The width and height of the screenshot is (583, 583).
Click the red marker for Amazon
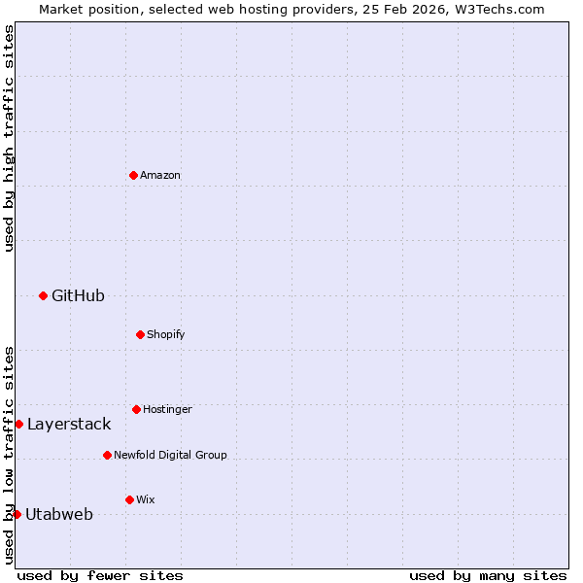coord(133,175)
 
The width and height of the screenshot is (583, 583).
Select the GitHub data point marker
coord(43,295)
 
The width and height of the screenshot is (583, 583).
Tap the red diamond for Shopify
coord(140,334)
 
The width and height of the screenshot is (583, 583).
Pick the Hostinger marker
coord(136,409)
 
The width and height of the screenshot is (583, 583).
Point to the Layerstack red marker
coord(18,424)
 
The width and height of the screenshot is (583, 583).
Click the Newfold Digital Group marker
coord(107,455)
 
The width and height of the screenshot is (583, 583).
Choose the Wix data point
coord(129,499)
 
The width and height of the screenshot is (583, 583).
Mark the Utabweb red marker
coord(17,514)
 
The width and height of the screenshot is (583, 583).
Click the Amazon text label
coord(160,175)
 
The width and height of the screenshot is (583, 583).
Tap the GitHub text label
coord(78,295)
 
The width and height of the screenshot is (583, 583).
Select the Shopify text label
coord(166,334)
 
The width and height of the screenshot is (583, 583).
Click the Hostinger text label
coord(167,409)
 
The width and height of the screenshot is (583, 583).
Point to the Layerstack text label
coord(69,424)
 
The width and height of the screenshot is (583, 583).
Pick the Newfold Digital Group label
coord(170,455)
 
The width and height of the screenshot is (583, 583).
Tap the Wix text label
coord(146,499)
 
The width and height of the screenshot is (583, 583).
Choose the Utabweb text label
coord(59,514)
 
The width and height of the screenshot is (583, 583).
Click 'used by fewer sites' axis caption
coord(100,575)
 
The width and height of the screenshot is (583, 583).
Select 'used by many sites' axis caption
coord(488,575)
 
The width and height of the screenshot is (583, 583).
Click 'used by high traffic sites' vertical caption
coord(9,138)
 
